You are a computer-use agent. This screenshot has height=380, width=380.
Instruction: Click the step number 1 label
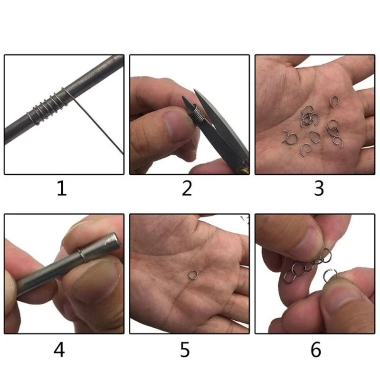(x=62, y=189)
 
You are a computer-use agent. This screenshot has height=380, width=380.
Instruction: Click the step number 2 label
(x=188, y=189)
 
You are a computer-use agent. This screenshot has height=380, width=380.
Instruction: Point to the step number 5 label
(x=186, y=350)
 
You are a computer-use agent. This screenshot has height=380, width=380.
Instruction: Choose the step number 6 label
(x=316, y=350)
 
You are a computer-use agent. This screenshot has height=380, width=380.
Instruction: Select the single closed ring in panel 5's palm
(x=192, y=274)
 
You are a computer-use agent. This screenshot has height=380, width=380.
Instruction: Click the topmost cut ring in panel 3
(x=334, y=101)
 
